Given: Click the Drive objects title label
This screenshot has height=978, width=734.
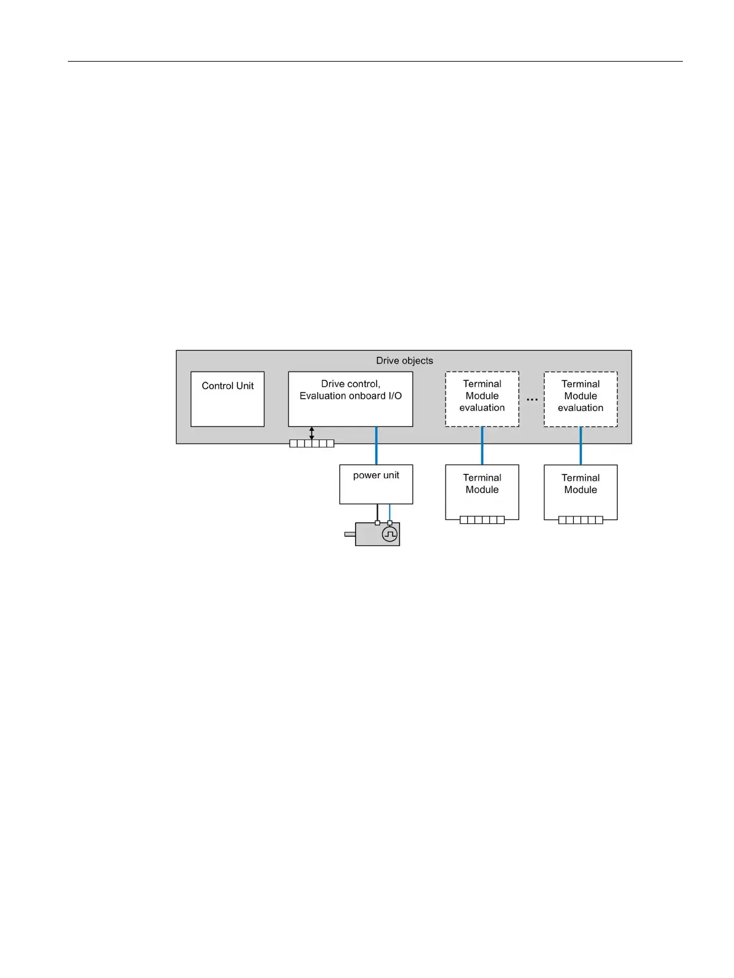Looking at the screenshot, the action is [x=404, y=361].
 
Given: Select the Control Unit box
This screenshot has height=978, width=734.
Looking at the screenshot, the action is [x=227, y=399].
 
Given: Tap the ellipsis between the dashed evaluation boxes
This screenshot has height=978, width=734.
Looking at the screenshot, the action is [x=532, y=400].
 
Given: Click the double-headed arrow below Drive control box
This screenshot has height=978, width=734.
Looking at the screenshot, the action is [x=312, y=433].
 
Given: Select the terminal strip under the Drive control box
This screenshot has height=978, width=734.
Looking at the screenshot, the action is [x=312, y=444].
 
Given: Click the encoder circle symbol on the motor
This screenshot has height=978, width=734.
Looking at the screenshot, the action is [x=389, y=534].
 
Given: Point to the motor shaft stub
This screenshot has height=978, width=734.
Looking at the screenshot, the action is [x=349, y=534].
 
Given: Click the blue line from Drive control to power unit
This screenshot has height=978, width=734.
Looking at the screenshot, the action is [x=376, y=446].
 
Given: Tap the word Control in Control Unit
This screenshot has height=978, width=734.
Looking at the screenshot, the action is [x=217, y=386].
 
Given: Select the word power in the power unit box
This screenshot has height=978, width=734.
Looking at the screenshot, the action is [x=366, y=475].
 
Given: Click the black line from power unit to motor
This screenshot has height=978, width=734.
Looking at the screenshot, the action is [x=377, y=512].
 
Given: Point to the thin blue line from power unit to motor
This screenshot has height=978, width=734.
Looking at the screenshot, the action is [x=389, y=512].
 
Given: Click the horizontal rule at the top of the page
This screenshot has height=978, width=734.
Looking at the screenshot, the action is [x=375, y=61].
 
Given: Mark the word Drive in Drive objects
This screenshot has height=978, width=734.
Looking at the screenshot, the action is [x=388, y=361].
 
